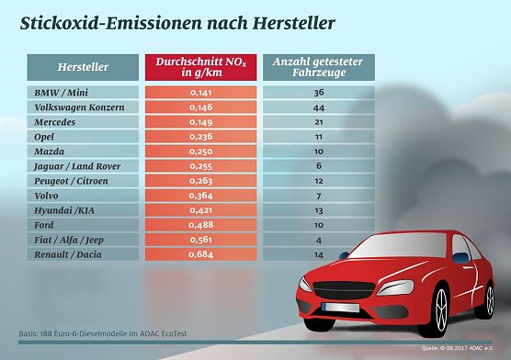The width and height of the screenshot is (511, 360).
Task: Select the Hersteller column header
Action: point(83,67)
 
